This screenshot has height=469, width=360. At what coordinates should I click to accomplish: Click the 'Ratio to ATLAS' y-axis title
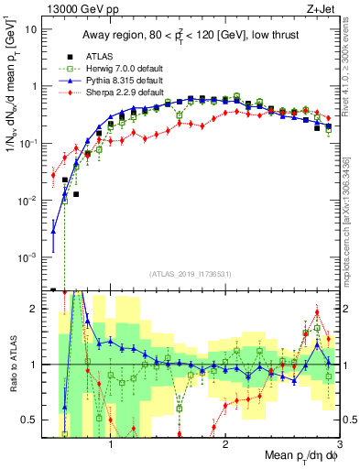pyautogui.click(x=12, y=365)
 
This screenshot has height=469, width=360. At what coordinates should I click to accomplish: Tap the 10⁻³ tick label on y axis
pyautogui.click(x=30, y=257)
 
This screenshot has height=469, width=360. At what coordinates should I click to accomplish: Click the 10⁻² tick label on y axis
pyautogui.click(x=30, y=200)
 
